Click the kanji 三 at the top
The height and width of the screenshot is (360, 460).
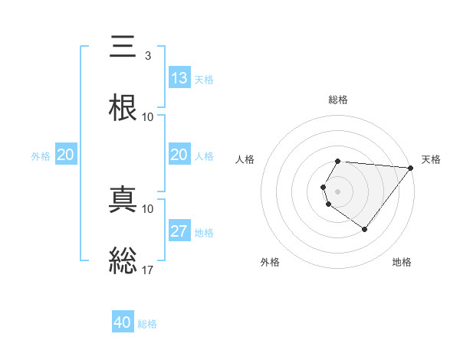pyautogui.click(x=123, y=47)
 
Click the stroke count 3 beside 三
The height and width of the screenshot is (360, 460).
pyautogui.click(x=147, y=56)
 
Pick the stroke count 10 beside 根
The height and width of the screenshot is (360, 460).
pyautogui.click(x=148, y=117)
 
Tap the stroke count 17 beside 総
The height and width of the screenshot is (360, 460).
pyautogui.click(x=148, y=270)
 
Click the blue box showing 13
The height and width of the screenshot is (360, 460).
pyautogui.click(x=179, y=78)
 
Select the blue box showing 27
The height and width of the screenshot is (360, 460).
pyautogui.click(x=179, y=231)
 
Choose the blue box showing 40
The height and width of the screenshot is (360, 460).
pyautogui.click(x=123, y=322)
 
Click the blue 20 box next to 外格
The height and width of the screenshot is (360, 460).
pyautogui.click(x=66, y=155)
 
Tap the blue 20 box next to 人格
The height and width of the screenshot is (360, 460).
pyautogui.click(x=179, y=155)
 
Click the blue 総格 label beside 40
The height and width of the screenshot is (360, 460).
pyautogui.click(x=147, y=324)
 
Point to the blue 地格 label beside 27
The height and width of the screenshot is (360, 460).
pyautogui.click(x=204, y=233)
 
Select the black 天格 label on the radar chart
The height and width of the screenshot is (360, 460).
pyautogui.click(x=431, y=159)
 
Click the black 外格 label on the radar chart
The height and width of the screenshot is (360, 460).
pyautogui.click(x=270, y=262)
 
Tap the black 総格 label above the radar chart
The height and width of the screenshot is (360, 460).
pyautogui.click(x=338, y=100)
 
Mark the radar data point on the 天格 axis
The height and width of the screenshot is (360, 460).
pyautogui.click(x=411, y=167)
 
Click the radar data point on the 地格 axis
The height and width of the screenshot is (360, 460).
pyautogui.click(x=365, y=229)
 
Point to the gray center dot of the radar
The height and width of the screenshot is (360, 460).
pyautogui.click(x=338, y=191)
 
